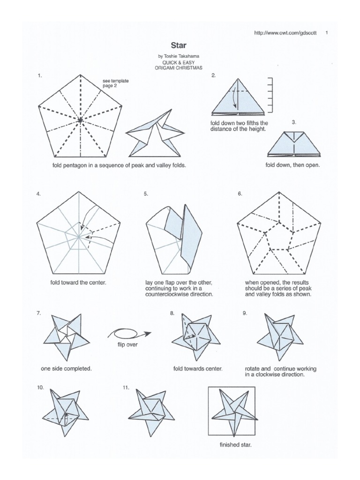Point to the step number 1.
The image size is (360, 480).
40,75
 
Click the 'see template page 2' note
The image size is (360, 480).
115,83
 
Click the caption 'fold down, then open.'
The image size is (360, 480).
292,165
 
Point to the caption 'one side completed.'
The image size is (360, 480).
66,368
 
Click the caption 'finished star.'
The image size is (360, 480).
235,445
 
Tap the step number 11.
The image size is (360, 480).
126,388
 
